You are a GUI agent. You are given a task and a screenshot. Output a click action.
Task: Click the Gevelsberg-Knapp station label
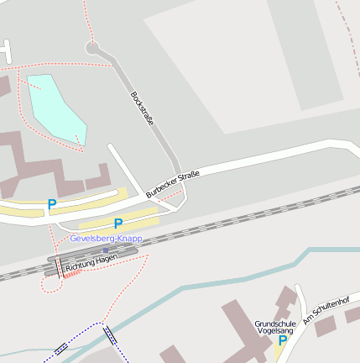106,239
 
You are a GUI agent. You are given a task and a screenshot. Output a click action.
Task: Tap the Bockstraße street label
142,108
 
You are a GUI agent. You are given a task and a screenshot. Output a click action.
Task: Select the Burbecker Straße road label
173,184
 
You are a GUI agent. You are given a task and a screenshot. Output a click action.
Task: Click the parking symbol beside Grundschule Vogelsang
282,342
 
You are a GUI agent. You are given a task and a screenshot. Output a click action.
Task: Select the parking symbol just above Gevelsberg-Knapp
118,224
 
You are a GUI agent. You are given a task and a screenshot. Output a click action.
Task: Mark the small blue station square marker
106,250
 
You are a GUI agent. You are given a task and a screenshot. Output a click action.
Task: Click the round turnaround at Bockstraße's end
92,47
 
